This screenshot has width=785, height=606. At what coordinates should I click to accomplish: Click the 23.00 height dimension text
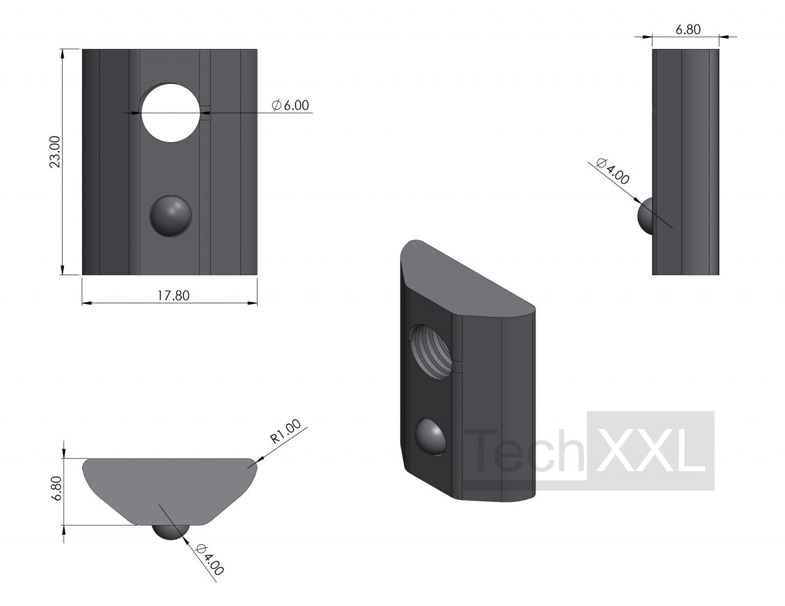click(55, 151)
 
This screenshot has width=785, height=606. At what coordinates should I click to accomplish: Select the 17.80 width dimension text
click(174, 295)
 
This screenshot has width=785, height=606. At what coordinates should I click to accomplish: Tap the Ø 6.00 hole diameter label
click(291, 105)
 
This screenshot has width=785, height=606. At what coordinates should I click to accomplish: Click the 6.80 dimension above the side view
click(688, 29)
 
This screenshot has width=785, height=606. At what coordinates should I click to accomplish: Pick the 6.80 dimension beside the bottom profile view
click(57, 488)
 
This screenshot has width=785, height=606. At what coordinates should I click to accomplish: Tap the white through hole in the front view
click(170, 113)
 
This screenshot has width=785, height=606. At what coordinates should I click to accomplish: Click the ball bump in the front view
click(170, 216)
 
